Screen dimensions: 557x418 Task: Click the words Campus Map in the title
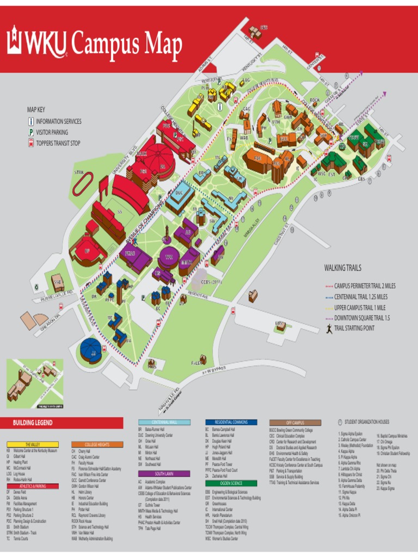click(126, 44)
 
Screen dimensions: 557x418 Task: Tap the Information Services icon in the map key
click(31, 121)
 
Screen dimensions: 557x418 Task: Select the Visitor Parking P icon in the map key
click(31, 132)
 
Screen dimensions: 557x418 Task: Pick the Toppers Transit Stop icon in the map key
click(31, 143)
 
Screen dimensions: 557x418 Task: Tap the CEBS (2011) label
click(212, 282)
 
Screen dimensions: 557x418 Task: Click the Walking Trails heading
click(342, 268)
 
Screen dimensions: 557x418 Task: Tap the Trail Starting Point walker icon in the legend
click(329, 328)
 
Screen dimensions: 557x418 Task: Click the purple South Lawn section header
click(164, 474)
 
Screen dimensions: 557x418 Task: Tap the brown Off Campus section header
click(294, 423)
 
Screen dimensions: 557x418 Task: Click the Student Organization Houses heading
click(366, 422)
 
